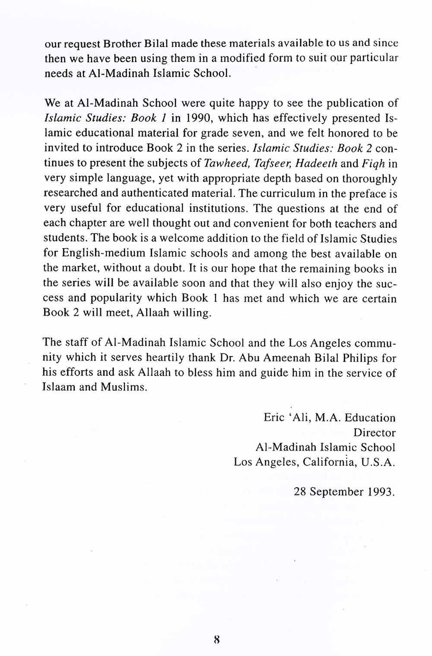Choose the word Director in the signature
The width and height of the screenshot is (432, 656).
[374, 432]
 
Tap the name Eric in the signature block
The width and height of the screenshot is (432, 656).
[274, 418]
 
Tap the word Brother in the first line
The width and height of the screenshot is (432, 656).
[120, 44]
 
